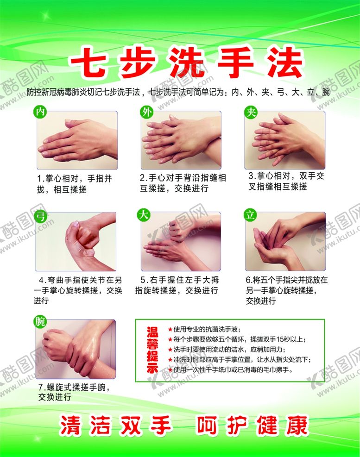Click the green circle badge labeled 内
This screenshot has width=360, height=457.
[x=40, y=112]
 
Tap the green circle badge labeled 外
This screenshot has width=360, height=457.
[x=146, y=112]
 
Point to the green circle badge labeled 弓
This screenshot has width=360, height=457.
[x=41, y=216]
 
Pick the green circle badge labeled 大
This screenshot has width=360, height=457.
[x=144, y=215]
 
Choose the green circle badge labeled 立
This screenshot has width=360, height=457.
[x=250, y=215]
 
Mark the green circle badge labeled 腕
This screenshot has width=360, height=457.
[x=40, y=321]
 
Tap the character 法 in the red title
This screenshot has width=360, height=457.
[x=284, y=63]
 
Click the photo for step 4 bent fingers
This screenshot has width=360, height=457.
[x=76, y=241]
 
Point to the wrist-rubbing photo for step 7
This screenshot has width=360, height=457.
[x=76, y=349]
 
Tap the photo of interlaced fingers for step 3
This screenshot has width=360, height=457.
[x=285, y=140]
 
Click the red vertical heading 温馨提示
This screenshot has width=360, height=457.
[x=152, y=350]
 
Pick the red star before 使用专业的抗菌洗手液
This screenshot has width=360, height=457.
[x=170, y=330]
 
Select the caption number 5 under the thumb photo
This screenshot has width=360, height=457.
[x=143, y=280]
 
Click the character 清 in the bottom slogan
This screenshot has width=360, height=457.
[x=70, y=426]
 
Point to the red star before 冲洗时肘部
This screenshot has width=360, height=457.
[x=170, y=360]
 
